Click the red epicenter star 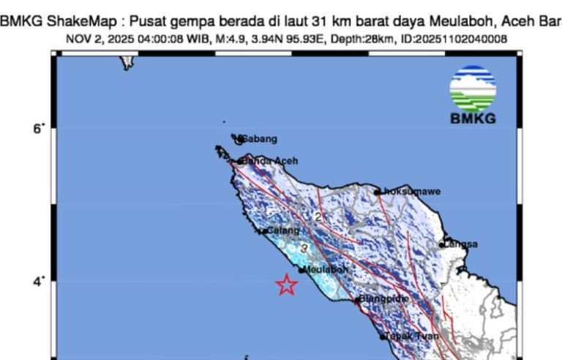(x=287, y=285)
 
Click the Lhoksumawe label (x=411, y=192)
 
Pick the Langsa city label (x=461, y=244)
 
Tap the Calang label (x=284, y=230)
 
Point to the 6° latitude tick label (x=38, y=130)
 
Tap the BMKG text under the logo (x=472, y=119)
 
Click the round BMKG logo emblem (x=473, y=89)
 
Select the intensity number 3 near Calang (x=304, y=249)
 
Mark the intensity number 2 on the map (x=318, y=217)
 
